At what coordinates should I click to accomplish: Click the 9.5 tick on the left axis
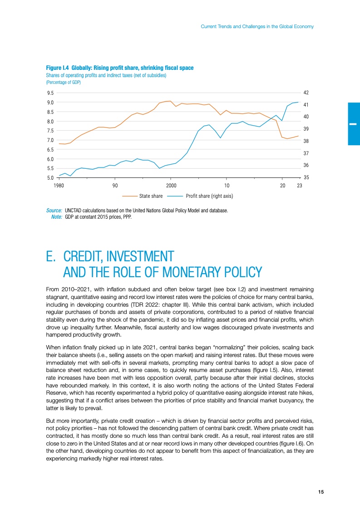(x=50, y=93)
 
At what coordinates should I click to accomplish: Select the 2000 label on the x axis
(x=171, y=186)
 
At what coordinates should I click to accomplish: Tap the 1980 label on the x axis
(x=59, y=186)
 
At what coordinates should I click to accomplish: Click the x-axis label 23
(x=299, y=186)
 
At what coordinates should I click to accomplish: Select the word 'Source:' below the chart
(x=54, y=211)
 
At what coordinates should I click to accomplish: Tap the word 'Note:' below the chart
(x=57, y=216)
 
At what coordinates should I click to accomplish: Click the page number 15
(x=321, y=492)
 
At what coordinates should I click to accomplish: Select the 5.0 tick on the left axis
(x=50, y=178)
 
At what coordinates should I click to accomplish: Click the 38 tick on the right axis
(x=306, y=141)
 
